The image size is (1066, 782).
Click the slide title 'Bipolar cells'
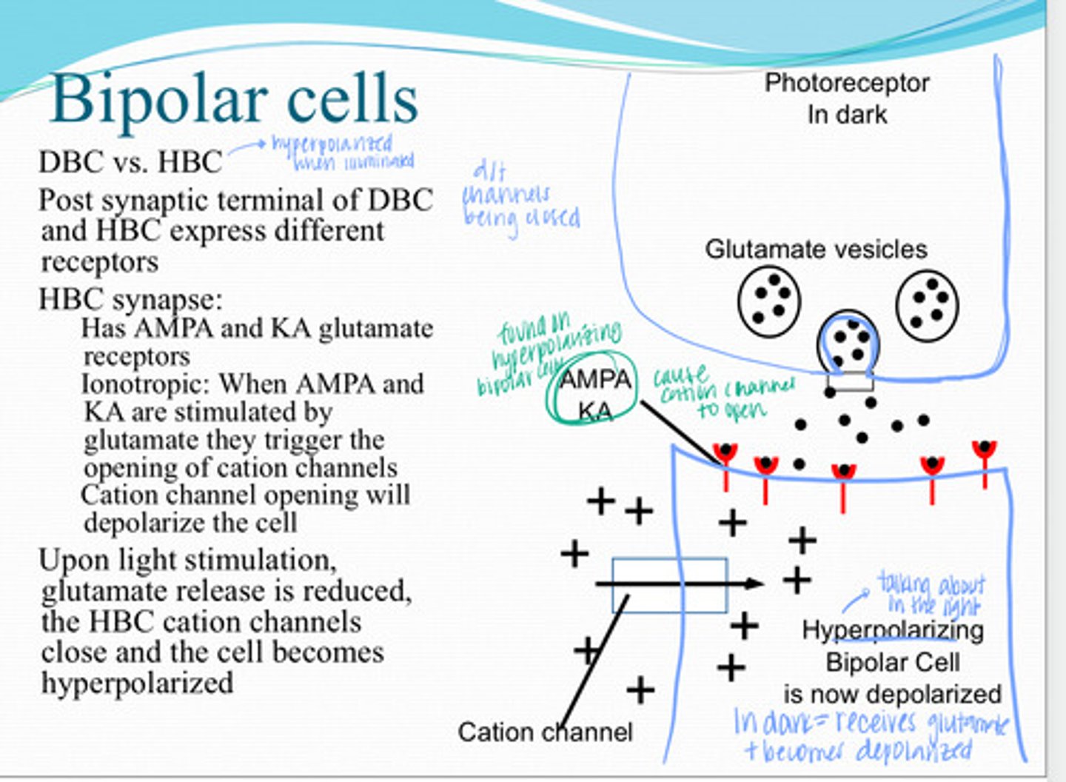235,100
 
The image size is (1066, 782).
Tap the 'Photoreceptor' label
846,83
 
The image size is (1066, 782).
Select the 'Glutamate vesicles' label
816,250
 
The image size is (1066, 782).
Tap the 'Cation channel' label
545,732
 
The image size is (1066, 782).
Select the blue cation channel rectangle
669,585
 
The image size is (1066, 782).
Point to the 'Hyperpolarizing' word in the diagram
893,630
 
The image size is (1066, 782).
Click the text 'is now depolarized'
892,694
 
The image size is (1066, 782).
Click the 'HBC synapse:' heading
130,299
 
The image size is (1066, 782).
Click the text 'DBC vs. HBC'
130,161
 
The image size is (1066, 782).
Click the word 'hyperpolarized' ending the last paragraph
137,683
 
